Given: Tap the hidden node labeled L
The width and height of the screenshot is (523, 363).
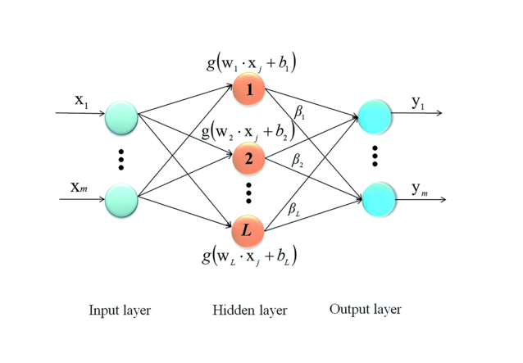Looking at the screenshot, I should (x=247, y=231).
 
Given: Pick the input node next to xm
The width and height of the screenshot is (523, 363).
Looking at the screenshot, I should (x=121, y=200).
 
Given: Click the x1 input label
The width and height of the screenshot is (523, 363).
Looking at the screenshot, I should (x=80, y=102).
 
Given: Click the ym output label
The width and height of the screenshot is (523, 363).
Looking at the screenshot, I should (x=419, y=189).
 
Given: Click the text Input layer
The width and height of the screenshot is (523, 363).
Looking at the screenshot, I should (x=120, y=311).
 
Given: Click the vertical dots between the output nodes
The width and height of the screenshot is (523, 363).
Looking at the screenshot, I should (x=375, y=156).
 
